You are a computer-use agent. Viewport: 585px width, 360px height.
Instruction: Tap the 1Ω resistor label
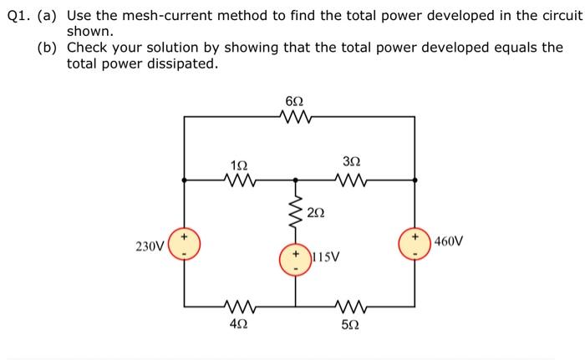[238, 163]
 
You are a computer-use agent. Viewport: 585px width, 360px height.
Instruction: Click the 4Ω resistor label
[238, 324]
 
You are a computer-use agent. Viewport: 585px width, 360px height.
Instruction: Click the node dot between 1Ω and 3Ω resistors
[295, 179]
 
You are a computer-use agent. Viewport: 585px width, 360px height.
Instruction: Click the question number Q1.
[17, 16]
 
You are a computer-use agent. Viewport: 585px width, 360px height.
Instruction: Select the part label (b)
[47, 48]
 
